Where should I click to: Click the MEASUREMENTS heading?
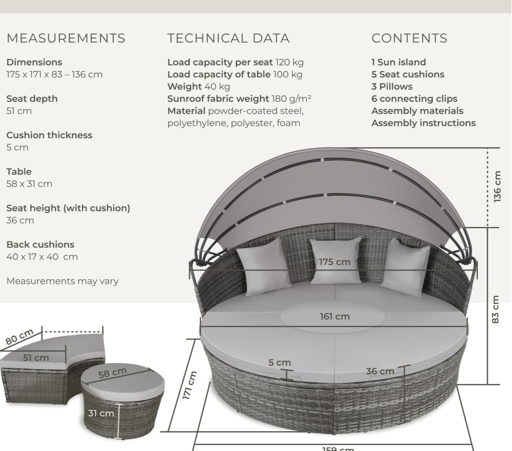(x=66, y=38)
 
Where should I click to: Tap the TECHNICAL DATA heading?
(x=228, y=38)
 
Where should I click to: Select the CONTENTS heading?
(x=409, y=38)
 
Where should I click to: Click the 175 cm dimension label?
(x=335, y=262)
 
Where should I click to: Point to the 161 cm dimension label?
(x=335, y=316)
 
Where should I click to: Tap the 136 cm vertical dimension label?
(x=497, y=186)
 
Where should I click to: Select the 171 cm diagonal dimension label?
(x=189, y=385)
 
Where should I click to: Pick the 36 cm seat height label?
(x=380, y=371)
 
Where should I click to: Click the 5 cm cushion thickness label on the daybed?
(x=280, y=362)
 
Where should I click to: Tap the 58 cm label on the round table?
(x=112, y=373)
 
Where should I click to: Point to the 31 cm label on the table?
(x=101, y=413)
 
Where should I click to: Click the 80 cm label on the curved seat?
(x=19, y=337)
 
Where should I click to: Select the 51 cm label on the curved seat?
(x=36, y=358)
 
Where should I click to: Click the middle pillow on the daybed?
(x=336, y=261)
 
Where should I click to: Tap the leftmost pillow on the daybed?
(x=264, y=267)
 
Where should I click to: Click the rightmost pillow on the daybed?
(x=406, y=267)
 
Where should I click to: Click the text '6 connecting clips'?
(x=415, y=99)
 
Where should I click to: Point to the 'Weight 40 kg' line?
(x=199, y=87)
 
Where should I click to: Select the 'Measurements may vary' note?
(x=62, y=281)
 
